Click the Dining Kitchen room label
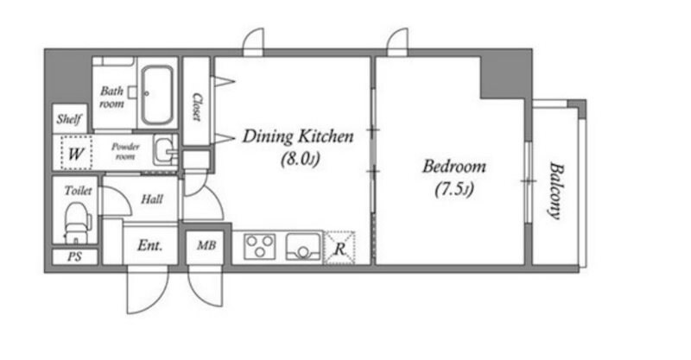pos(298,136)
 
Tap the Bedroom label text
pos(454,167)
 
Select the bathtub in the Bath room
pos(157,95)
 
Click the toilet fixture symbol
pos(78,223)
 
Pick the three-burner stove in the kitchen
pos(260,246)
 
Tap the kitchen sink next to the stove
pos(304,246)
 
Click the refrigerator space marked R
pos(339,248)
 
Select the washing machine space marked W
pos(76,153)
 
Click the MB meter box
pos(206,245)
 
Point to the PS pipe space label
pos(74,256)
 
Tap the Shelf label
pos(69,119)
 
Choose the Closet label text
pos(197,106)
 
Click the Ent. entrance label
pos(149,245)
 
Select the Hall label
pos(152,199)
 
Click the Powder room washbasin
pos(165,150)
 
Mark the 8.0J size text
pos(300,159)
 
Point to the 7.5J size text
pos(454,190)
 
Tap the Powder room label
pos(125,151)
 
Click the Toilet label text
pos(78,190)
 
